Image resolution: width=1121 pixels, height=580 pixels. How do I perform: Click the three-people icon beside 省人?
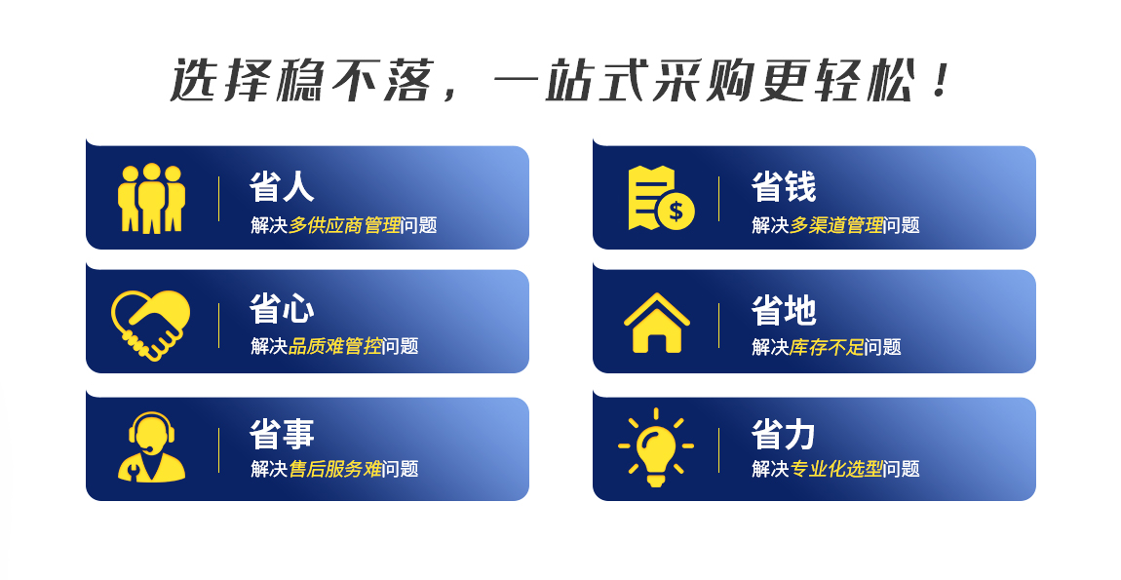[x=151, y=198]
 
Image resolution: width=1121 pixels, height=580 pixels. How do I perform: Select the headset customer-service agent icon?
[x=151, y=446]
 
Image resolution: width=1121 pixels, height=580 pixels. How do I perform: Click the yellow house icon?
[x=656, y=323]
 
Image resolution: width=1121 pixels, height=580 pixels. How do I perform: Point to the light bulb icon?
[x=656, y=447]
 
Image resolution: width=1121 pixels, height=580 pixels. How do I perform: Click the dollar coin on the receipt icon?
[x=676, y=211]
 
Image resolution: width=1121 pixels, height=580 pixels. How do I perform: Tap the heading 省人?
[x=282, y=186]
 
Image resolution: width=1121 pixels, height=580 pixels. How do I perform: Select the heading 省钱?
[x=784, y=186]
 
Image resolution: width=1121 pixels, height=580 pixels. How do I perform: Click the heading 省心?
[x=282, y=310]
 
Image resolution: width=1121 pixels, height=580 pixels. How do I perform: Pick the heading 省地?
[x=784, y=310]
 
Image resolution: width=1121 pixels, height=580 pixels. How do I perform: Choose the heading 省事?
[x=282, y=434]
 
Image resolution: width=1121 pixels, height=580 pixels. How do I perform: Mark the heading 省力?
[x=784, y=434]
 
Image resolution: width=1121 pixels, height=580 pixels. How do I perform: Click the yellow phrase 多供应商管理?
[x=345, y=225]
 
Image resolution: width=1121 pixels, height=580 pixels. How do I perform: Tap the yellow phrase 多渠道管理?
[x=836, y=225]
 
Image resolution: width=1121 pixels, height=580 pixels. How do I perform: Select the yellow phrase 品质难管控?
[x=335, y=346]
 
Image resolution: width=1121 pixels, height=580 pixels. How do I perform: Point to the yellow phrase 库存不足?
[x=828, y=347]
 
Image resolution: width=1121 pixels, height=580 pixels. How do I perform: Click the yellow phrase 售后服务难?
[x=335, y=469]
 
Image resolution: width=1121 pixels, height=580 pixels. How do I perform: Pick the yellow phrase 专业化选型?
[x=836, y=469]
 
